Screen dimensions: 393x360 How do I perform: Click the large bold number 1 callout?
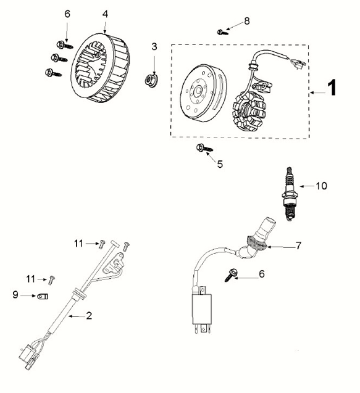(x=332, y=89)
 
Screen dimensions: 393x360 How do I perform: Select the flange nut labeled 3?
(x=150, y=79)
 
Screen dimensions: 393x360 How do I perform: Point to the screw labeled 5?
(x=203, y=148)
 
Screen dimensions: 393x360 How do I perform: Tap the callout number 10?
(x=321, y=185)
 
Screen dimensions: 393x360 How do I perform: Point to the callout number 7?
(x=298, y=246)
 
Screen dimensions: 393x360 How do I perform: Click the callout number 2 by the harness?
(x=90, y=316)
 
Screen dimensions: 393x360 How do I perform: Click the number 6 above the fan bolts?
(x=67, y=14)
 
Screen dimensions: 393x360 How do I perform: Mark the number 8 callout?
(x=247, y=21)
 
